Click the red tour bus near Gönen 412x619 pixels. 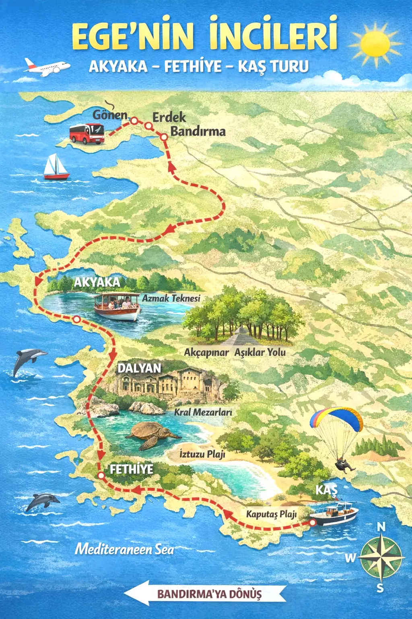tap(87, 134)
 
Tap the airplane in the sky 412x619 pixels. tap(46, 67)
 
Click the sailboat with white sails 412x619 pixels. tap(56, 167)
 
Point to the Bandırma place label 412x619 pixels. tap(198, 131)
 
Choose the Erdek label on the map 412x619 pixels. tap(169, 117)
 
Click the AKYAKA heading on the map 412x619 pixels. tap(97, 282)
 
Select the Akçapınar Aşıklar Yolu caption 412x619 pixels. tap(235, 352)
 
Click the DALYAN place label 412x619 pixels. tap(139, 368)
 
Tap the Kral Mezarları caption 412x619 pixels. tap(203, 412)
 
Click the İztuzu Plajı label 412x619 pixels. tap(202, 454)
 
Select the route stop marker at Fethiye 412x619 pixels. tap(101, 476)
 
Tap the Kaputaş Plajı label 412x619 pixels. tap(271, 514)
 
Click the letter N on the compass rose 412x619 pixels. tap(381, 527)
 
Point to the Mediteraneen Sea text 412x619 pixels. tap(125, 549)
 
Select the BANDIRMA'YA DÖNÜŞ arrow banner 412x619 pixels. tap(205, 594)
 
